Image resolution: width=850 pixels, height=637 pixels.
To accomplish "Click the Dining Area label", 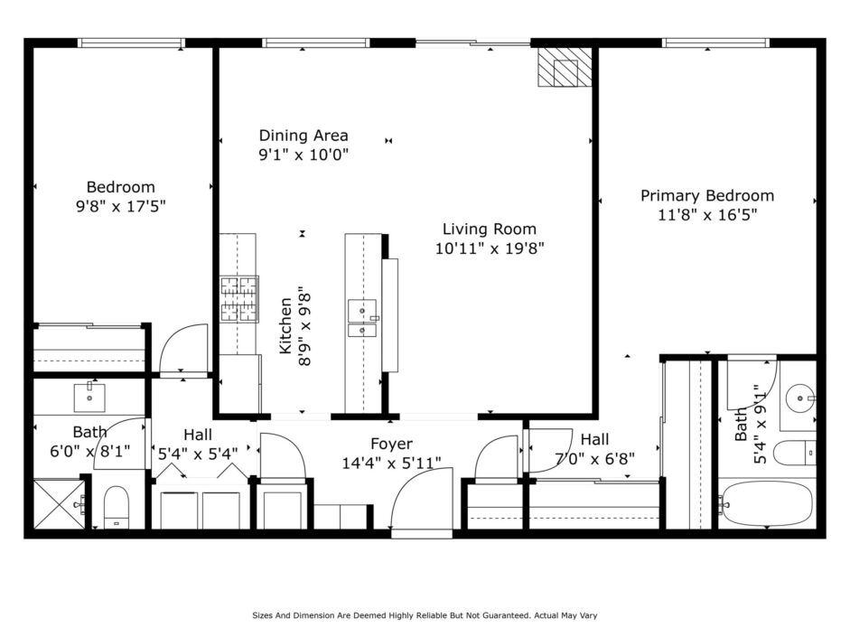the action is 304,136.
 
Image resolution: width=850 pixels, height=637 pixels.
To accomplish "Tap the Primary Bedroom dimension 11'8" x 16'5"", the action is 707,215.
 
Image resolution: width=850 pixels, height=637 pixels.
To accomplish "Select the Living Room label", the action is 490,230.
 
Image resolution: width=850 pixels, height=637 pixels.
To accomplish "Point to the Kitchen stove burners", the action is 238,299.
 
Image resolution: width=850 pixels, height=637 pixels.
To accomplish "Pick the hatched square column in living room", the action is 565,67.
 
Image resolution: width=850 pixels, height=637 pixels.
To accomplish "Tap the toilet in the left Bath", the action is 116,508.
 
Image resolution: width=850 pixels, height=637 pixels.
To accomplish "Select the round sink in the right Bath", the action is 800,398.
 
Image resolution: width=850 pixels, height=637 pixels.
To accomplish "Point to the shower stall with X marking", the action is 60,504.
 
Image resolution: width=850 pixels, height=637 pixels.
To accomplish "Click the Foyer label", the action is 391,444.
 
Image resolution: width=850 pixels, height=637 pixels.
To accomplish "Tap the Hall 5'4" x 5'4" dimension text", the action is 198,454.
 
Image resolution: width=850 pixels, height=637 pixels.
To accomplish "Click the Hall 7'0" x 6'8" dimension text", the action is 594,459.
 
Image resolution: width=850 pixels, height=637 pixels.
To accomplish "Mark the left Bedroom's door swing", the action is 183,349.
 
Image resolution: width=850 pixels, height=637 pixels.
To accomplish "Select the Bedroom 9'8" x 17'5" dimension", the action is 120,207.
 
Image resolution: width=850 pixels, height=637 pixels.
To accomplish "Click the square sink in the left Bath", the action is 89,397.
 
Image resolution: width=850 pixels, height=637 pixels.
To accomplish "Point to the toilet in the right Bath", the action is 795,454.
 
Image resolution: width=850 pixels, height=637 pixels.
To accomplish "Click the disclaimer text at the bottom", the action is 425,615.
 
